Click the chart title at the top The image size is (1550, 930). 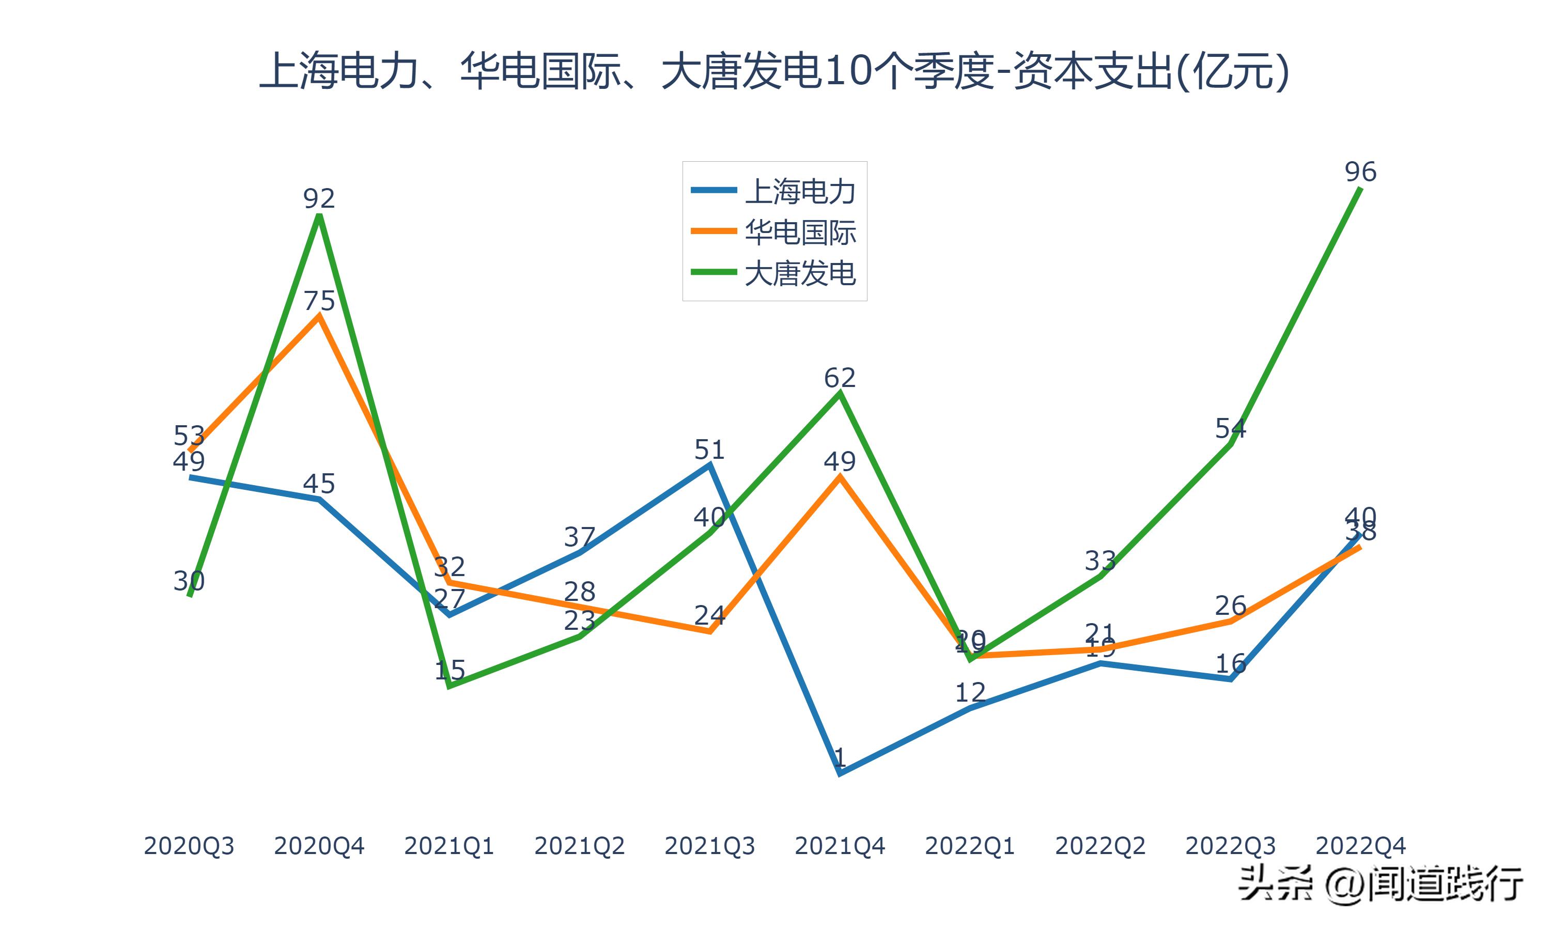774,71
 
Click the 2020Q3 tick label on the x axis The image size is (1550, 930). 189,846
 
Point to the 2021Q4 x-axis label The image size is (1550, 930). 840,846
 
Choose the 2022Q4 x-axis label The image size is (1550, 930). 1360,846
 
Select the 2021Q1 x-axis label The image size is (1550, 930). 449,846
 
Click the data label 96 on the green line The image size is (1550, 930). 1360,172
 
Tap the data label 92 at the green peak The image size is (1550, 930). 319,199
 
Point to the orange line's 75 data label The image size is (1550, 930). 319,301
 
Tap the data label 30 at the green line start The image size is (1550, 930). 189,581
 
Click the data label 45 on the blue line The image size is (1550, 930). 319,484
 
